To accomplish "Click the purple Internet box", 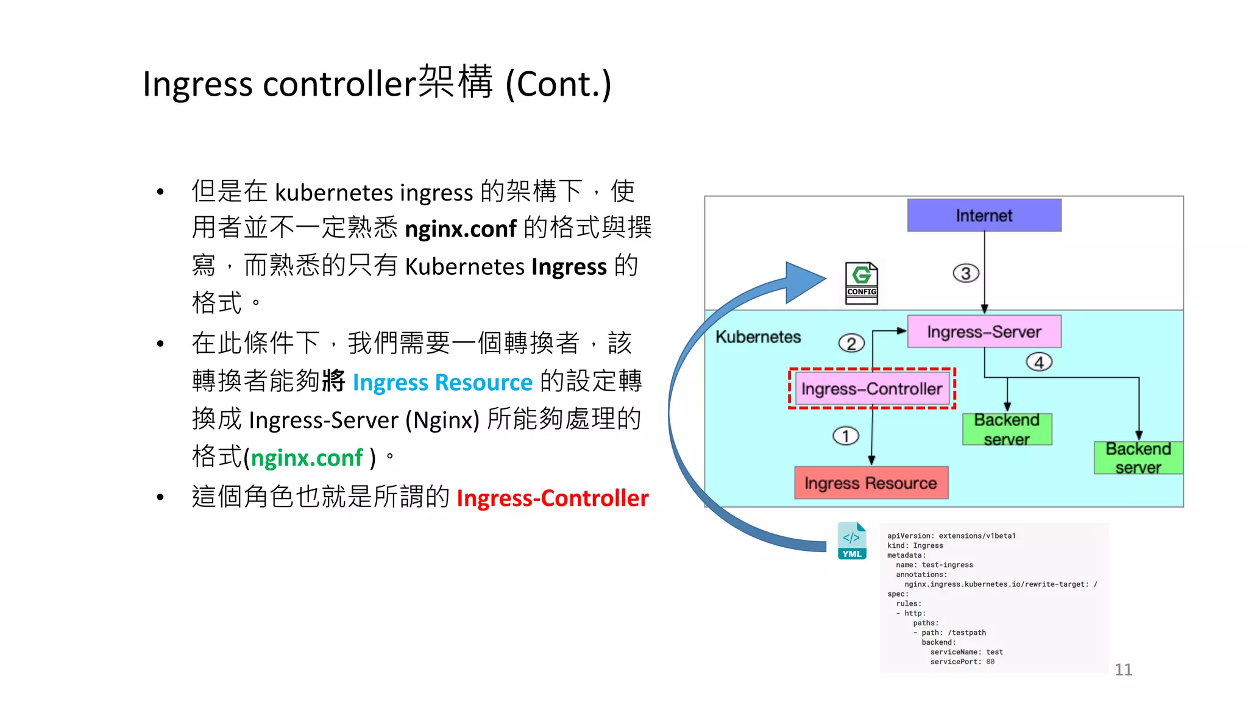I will tap(984, 215).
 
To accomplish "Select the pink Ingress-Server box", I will tap(984, 331).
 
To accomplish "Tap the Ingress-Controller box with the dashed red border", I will tap(871, 389).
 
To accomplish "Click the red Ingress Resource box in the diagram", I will tap(871, 483).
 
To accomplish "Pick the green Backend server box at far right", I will tap(1138, 458).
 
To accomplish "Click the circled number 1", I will tap(845, 436).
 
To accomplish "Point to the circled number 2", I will tap(851, 343).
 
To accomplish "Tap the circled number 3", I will tap(966, 273).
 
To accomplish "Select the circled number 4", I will tap(1039, 362).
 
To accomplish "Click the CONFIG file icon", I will tap(861, 283).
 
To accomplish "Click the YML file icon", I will tap(852, 541).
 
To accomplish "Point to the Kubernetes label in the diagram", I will tap(758, 337).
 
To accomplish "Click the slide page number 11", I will tap(1123, 670).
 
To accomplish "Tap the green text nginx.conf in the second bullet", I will tap(307, 458).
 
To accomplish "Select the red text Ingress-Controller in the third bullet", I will tap(552, 498).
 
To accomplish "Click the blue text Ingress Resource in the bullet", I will tap(442, 382).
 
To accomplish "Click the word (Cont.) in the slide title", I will tap(558, 84).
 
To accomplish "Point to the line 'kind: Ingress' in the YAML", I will tap(915, 545).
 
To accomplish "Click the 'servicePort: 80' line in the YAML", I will tap(962, 662).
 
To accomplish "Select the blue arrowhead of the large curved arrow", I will tap(804, 282).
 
